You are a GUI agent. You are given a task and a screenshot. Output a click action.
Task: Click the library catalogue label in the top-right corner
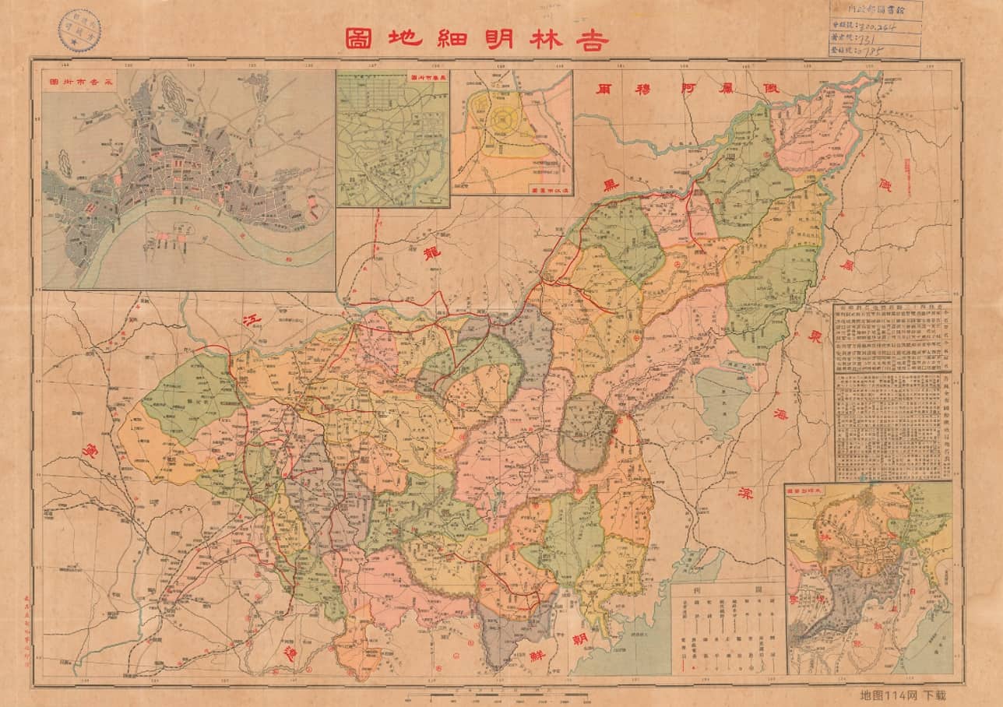[875, 30]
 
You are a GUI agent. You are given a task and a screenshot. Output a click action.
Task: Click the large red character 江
[251, 319]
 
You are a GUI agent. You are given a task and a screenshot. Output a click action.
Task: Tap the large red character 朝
[579, 639]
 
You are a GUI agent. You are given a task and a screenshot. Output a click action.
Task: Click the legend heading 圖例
[729, 589]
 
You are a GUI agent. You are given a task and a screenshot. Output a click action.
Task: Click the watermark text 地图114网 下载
[902, 694]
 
